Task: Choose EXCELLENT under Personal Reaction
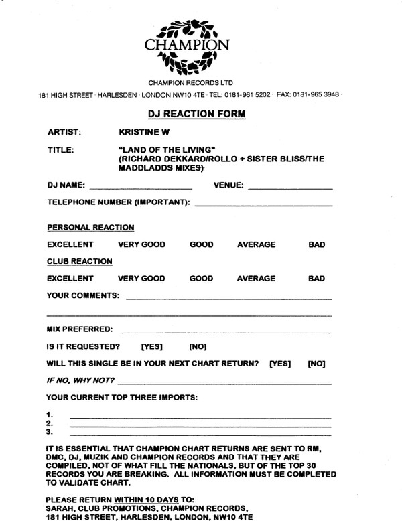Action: coord(70,244)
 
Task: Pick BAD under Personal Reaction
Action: coord(316,244)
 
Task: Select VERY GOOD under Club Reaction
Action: coord(141,279)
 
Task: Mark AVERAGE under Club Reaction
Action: coord(256,279)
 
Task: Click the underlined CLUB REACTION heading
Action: coord(79,261)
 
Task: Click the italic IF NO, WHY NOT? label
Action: coord(80,381)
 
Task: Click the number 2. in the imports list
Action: coord(50,424)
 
